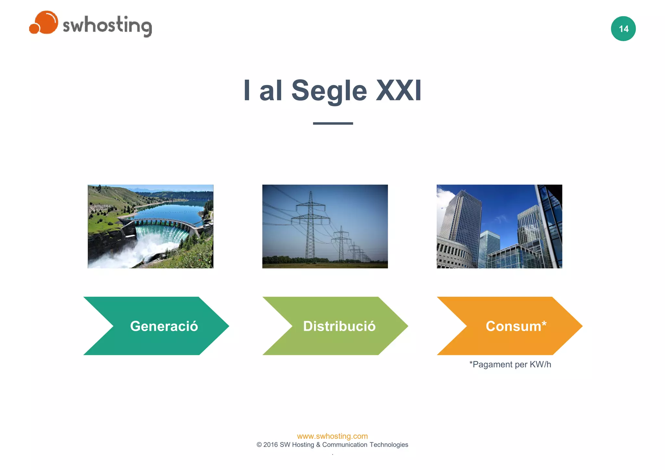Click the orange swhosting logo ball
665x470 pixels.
pos(45,22)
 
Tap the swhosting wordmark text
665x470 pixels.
pos(107,26)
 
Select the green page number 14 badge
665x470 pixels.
pos(623,29)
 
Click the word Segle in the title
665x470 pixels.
pos(329,91)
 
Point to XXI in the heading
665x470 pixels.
pos(398,91)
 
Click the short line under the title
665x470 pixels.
pos(333,123)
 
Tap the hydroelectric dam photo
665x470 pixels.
pos(150,226)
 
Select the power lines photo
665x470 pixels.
pos(325,226)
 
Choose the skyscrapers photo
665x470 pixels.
pos(499,226)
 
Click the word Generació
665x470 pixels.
pos(164,326)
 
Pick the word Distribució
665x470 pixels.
pos(339,326)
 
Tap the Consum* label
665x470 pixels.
pos(516,326)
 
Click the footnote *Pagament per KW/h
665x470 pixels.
pos(510,365)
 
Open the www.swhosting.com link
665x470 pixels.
pos(332,436)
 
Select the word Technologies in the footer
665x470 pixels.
pos(389,445)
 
